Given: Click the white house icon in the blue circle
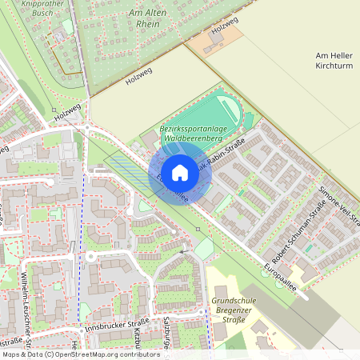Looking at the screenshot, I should click(180, 171).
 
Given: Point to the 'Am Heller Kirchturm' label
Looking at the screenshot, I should click(334, 60).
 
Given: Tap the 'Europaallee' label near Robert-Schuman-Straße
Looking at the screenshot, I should click(279, 276).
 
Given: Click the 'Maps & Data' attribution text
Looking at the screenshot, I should click(22, 354).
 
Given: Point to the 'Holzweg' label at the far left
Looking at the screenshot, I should click(67, 112).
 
